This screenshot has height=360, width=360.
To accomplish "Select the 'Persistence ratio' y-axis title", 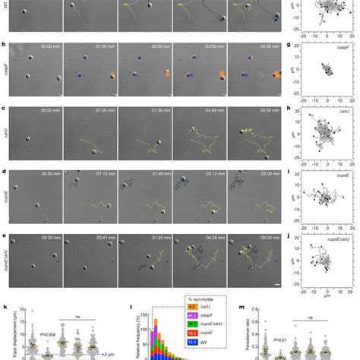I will pos(249,323).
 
